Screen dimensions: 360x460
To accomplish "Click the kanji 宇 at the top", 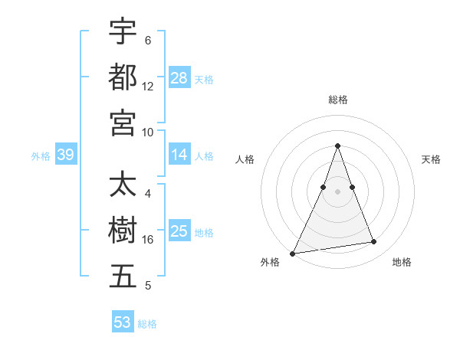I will point(123,32).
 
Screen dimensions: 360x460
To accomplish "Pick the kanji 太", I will point(123,186).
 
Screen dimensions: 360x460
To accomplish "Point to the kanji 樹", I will point(123,231).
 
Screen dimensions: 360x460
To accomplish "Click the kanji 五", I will point(123,277).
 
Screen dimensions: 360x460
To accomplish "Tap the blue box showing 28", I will point(179,78).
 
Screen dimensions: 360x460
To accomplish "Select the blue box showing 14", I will point(179,155).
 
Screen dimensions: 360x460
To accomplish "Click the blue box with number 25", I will point(179,231).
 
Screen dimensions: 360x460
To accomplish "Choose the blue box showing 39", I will point(65,155).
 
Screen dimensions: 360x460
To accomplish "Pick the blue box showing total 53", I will point(123,322).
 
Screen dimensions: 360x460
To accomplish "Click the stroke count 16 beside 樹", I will point(148,240).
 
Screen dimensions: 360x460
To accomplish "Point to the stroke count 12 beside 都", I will point(148,86).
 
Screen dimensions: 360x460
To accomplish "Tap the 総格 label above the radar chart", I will point(337,100).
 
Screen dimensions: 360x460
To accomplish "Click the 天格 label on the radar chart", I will point(431,159).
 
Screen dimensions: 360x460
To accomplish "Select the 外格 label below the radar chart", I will point(270,262).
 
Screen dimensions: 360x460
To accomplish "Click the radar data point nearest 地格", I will point(374,242).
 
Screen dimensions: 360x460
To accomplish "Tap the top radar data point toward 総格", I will point(337,146).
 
